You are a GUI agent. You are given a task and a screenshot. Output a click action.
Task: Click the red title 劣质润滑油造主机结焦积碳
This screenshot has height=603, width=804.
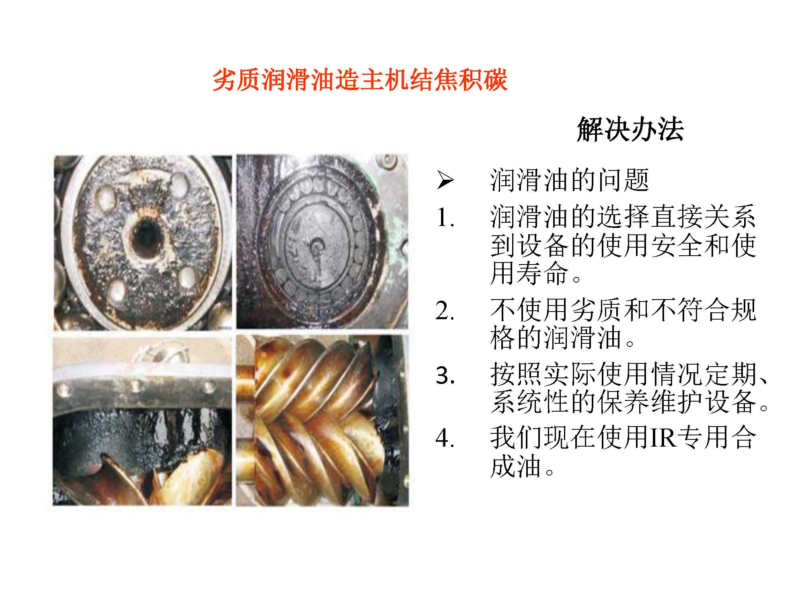pyautogui.click(x=360, y=80)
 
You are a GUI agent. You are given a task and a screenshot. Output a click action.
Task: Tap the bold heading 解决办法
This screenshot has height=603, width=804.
pyautogui.click(x=630, y=129)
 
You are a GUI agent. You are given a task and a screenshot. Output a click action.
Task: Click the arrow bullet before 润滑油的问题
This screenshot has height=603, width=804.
pyautogui.click(x=445, y=180)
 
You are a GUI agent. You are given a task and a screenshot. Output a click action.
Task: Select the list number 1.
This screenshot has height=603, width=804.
pyautogui.click(x=445, y=218)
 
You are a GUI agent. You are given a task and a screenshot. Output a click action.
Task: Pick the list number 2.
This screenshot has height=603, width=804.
pyautogui.click(x=445, y=311)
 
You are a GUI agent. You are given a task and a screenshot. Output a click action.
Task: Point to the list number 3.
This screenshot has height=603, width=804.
pyautogui.click(x=445, y=375)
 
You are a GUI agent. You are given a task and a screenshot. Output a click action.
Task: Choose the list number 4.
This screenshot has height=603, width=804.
pyautogui.click(x=445, y=438)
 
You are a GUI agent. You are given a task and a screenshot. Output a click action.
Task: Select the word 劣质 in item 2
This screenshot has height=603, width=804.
pyautogui.click(x=596, y=310)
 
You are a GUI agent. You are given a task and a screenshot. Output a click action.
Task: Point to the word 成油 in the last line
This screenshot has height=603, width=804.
pyautogui.click(x=516, y=466)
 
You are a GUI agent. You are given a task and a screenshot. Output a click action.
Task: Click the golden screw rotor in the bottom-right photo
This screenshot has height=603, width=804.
pyautogui.click(x=314, y=418)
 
